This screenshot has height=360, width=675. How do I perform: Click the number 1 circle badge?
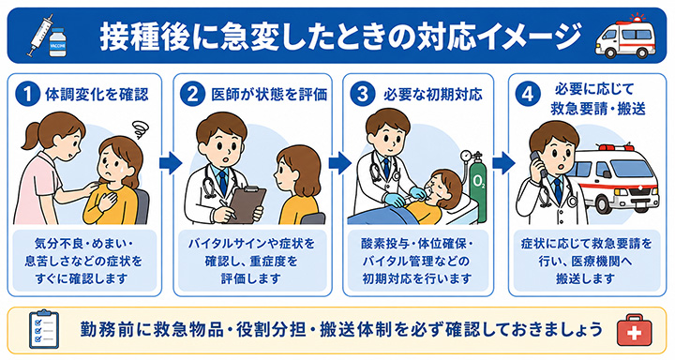27,95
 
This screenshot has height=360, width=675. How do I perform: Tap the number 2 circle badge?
192,95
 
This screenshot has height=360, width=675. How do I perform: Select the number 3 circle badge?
362,95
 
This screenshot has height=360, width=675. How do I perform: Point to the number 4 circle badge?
527,95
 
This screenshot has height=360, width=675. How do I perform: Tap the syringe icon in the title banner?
41,35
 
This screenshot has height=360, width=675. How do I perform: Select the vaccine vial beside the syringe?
58,42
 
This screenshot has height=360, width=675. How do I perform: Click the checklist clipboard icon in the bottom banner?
43,329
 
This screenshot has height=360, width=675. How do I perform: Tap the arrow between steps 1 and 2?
170,163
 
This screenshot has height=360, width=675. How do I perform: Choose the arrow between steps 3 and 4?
502,163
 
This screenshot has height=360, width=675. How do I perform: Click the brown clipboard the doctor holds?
246,204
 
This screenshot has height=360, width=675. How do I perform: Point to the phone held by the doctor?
538,165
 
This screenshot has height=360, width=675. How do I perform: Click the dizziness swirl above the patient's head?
141,128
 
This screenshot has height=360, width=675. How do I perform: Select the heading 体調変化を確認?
97,95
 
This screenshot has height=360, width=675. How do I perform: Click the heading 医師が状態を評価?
269,95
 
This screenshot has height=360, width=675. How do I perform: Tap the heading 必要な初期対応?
432,95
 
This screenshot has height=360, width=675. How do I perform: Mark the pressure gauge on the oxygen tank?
465,156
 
